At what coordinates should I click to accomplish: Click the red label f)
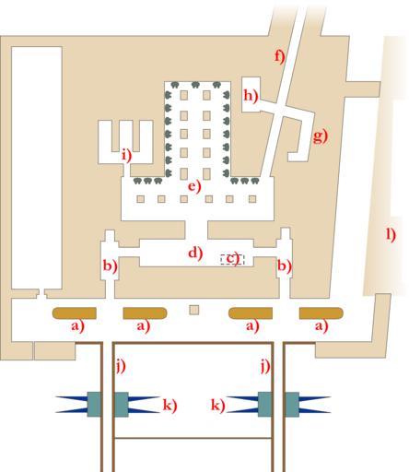[280, 56]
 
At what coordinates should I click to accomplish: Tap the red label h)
[251, 96]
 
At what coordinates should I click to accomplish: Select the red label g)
[321, 136]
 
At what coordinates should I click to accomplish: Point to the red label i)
[126, 155]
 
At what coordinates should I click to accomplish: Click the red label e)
[194, 186]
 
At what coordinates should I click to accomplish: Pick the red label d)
[195, 254]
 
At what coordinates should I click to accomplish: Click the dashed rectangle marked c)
[232, 259]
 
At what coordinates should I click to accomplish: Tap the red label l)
[391, 235]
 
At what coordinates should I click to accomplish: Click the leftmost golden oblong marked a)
[75, 313]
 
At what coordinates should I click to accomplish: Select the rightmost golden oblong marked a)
[321, 313]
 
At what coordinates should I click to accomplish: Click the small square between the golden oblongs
[194, 310]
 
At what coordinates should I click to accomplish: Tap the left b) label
[110, 265]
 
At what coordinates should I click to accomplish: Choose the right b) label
[285, 265]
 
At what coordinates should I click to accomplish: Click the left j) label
[121, 366]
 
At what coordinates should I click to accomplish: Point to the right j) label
[265, 366]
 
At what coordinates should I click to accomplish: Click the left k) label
[169, 406]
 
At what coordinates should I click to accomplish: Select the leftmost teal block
[94, 405]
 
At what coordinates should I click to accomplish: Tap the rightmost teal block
[293, 405]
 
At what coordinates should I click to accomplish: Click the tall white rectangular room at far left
[37, 168]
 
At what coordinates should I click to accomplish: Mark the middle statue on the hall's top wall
[195, 85]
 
